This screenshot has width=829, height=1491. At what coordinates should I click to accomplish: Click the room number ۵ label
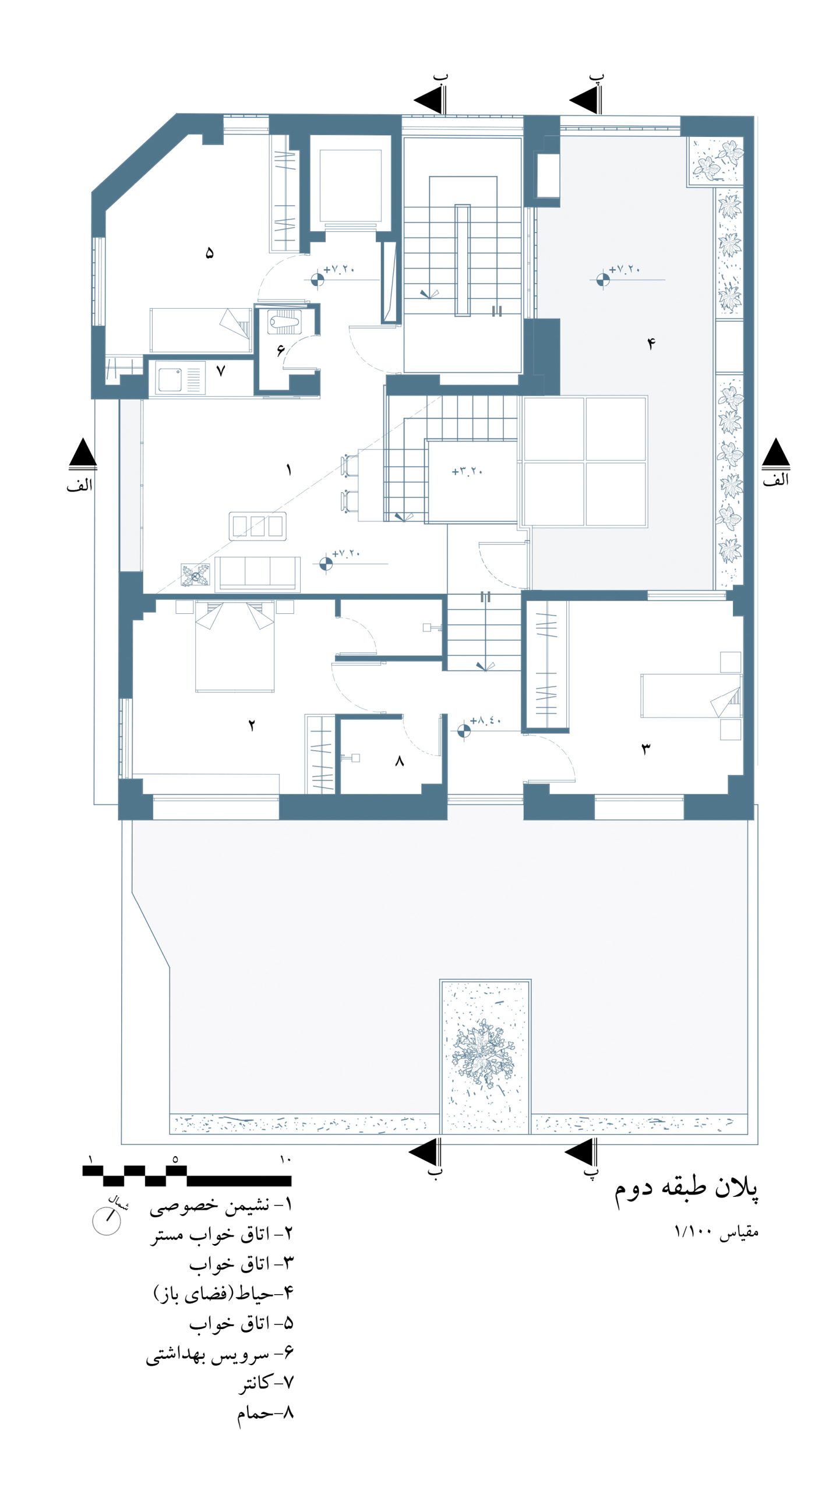(x=210, y=253)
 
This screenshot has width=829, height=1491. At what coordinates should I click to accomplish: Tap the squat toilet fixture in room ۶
(x=284, y=321)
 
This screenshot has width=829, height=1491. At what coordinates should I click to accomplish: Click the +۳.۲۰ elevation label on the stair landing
(x=467, y=471)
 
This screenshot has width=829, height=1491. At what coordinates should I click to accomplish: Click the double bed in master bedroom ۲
(x=235, y=646)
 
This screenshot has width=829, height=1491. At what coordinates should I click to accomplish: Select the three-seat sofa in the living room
(x=257, y=574)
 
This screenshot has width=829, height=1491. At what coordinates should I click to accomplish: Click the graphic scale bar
(x=186, y=1176)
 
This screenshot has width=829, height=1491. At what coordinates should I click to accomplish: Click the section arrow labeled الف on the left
(x=83, y=453)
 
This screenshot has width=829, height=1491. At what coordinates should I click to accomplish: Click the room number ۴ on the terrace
(x=651, y=344)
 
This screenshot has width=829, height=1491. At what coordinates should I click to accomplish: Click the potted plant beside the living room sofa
(x=195, y=575)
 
